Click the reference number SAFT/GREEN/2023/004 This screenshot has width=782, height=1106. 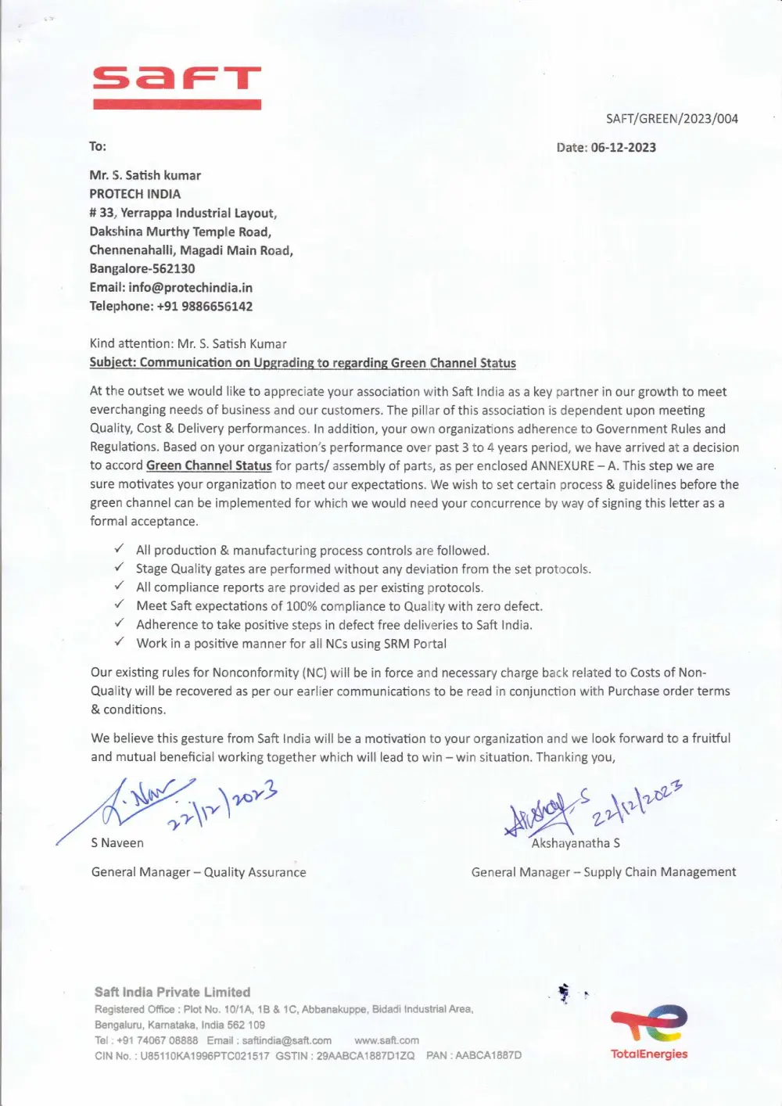(x=672, y=119)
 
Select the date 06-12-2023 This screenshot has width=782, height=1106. (x=623, y=148)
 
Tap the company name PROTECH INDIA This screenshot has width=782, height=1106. (x=135, y=194)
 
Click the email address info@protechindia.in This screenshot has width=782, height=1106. (x=190, y=288)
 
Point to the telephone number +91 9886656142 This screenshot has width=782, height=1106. (x=204, y=307)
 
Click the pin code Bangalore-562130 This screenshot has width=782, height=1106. (x=142, y=269)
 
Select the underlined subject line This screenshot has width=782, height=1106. (x=303, y=363)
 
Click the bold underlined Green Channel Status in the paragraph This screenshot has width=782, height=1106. (x=209, y=466)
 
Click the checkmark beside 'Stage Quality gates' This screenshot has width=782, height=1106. (x=119, y=569)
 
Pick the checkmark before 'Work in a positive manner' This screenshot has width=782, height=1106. (x=119, y=643)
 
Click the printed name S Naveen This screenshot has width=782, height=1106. (x=117, y=843)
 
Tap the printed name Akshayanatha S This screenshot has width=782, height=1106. (x=576, y=843)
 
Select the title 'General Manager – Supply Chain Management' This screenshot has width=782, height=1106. (x=603, y=872)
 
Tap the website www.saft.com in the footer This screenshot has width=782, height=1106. (x=386, y=1040)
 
